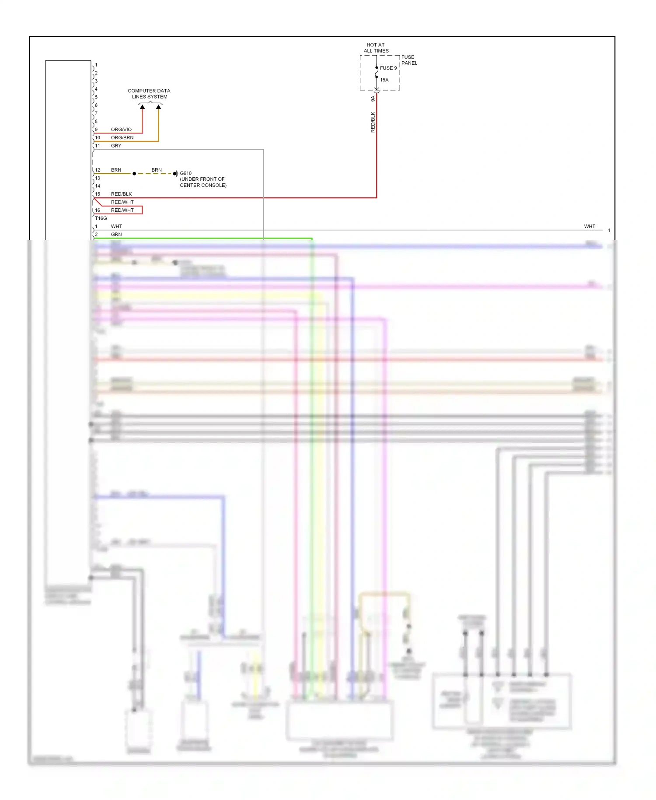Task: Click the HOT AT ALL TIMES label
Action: click(376, 48)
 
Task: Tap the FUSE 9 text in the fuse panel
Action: click(388, 68)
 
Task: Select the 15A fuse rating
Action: click(384, 80)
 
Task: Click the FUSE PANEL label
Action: click(409, 60)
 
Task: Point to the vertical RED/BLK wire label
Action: click(373, 122)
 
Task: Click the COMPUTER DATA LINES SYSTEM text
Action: click(149, 94)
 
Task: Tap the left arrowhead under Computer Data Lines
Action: click(142, 107)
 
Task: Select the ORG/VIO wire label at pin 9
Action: click(121, 130)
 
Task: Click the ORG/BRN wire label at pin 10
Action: click(122, 137)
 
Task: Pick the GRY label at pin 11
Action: click(116, 146)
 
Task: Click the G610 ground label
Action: click(185, 173)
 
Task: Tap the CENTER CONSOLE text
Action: click(203, 185)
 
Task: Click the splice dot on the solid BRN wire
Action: click(134, 174)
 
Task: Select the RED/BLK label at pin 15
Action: click(121, 194)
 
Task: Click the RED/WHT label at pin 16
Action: click(122, 210)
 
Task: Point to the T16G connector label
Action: click(101, 218)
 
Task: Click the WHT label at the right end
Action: click(589, 226)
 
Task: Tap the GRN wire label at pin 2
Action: click(116, 235)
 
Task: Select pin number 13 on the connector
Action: click(98, 178)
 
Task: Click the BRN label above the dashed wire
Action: click(156, 170)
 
